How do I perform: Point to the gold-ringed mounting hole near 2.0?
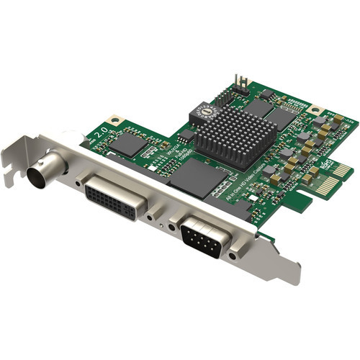(x=113, y=120)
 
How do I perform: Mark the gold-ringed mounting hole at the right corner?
(x=315, y=111)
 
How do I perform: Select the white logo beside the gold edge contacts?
(x=325, y=164)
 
